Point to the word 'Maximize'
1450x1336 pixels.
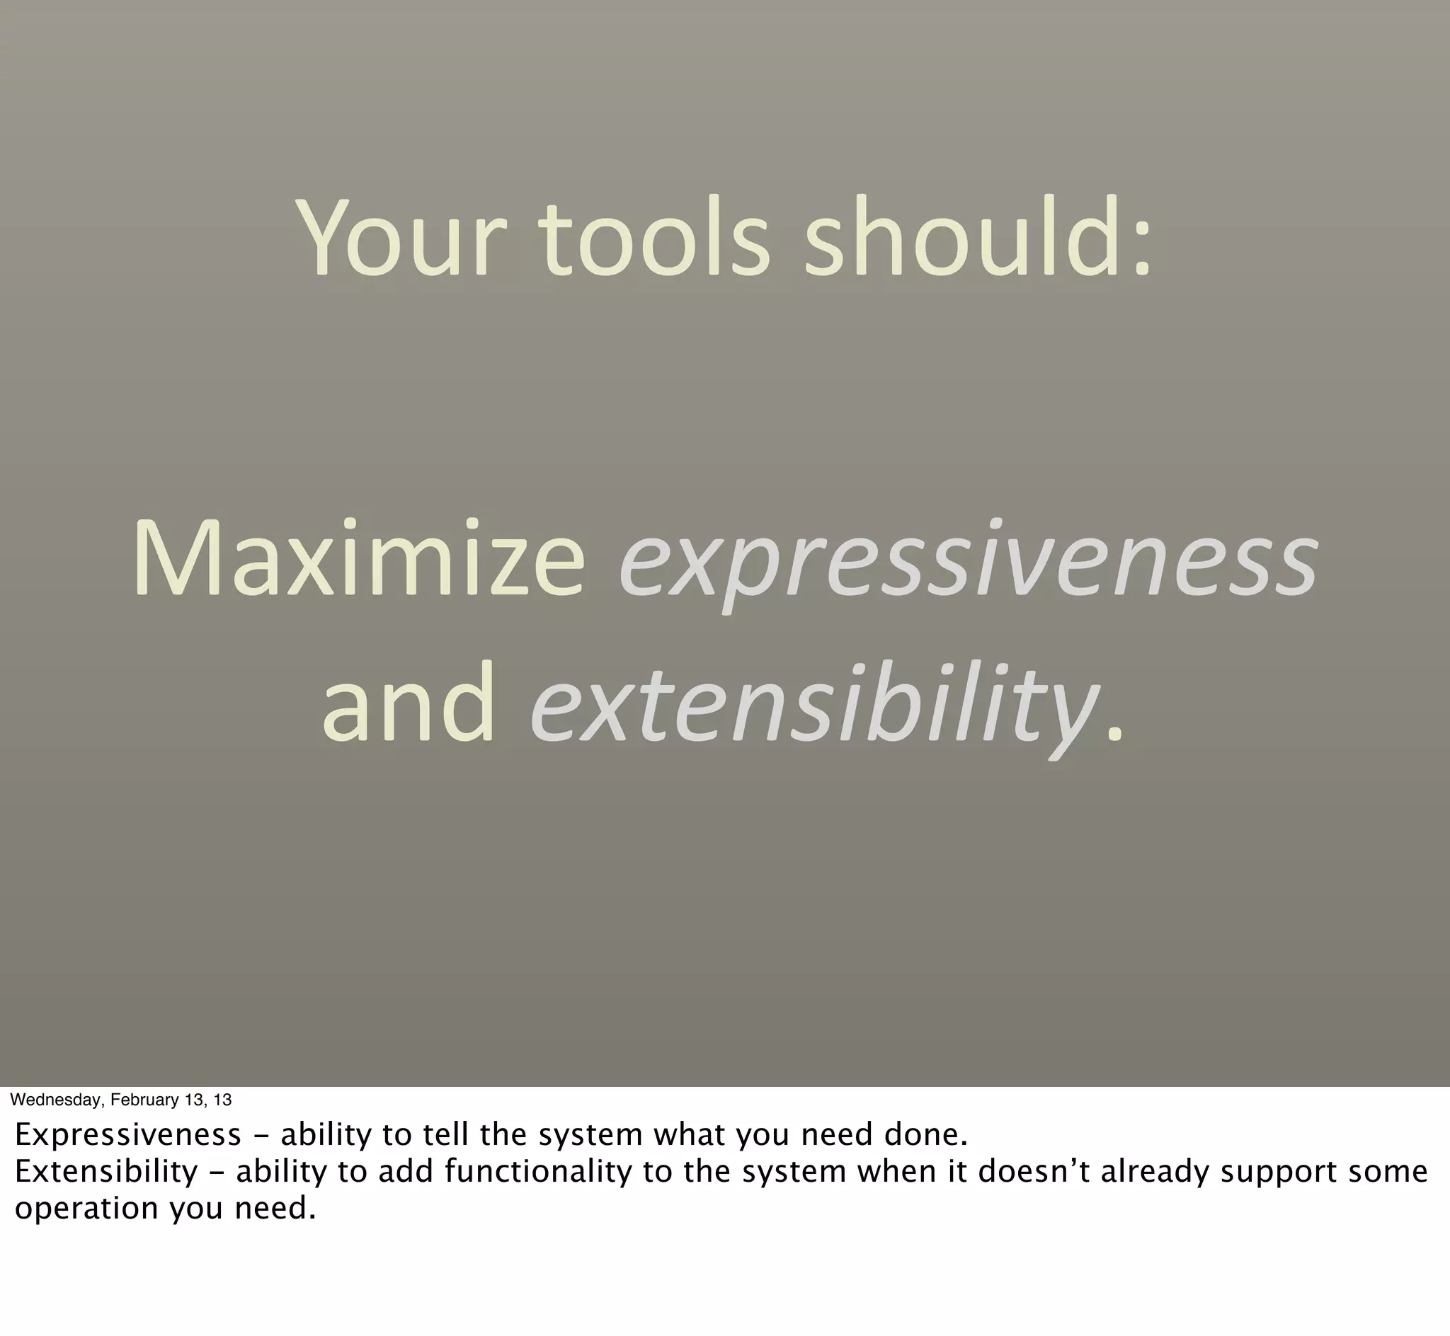coord(358,559)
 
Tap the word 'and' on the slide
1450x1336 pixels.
coord(409,703)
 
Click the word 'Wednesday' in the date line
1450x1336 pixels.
coord(57,1100)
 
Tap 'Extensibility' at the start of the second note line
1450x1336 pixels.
coord(105,1171)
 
